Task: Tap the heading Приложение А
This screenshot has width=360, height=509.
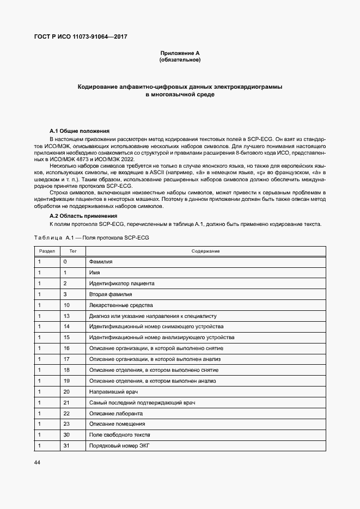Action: pyautogui.click(x=180, y=53)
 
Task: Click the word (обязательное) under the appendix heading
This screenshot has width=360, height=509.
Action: pyautogui.click(x=180, y=60)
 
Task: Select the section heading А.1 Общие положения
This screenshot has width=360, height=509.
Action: pyautogui.click(x=80, y=131)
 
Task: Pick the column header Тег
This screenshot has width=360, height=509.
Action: pyautogui.click(x=73, y=251)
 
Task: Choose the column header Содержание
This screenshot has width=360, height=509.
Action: pyautogui.click(x=205, y=251)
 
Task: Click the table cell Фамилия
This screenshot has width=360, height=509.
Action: pyautogui.click(x=101, y=262)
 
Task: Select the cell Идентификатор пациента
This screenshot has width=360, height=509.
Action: pyautogui.click(x=121, y=283)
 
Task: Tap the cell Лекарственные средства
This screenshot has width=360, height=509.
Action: pyautogui.click(x=121, y=305)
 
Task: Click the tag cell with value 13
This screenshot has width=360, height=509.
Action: pyautogui.click(x=66, y=316)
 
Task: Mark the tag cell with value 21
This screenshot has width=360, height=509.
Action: pyautogui.click(x=66, y=402)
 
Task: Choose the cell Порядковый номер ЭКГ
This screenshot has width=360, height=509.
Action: pyautogui.click(x=119, y=445)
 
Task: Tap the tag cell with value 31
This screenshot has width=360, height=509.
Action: pyautogui.click(x=66, y=445)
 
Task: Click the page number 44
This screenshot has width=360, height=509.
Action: pyautogui.click(x=38, y=462)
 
